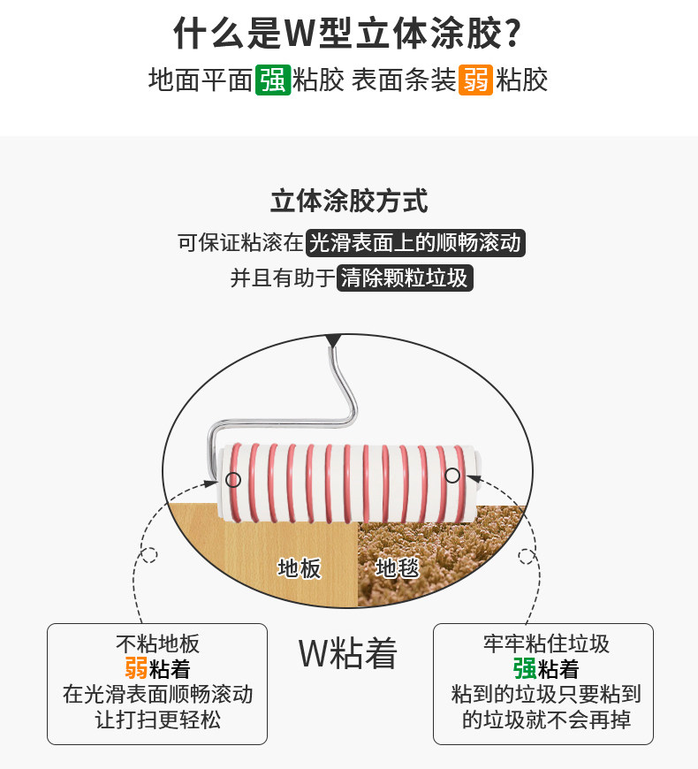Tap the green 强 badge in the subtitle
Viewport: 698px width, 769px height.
click(273, 80)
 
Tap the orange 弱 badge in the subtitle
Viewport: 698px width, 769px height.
click(475, 80)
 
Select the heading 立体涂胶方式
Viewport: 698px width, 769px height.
click(349, 201)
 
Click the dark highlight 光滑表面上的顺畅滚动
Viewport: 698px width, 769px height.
click(415, 242)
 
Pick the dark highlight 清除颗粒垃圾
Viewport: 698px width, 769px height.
click(406, 278)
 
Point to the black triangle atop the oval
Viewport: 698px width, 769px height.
click(333, 340)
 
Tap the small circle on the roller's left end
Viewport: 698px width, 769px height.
click(233, 480)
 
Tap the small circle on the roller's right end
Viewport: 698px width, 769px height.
click(452, 476)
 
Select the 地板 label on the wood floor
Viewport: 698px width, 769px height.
click(300, 567)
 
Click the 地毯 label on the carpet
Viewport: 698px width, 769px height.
click(398, 567)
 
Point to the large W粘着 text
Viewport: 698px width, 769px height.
click(348, 654)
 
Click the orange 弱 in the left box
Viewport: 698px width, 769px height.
click(136, 668)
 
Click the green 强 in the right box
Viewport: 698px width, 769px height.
click(524, 668)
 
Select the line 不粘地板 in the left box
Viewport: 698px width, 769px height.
click(157, 643)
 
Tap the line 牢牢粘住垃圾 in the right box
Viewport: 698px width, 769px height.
click(546, 643)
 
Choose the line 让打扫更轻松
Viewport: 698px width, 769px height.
click(157, 720)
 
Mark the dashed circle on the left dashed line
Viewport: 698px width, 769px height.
click(149, 556)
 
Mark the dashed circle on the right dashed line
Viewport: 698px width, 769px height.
click(527, 558)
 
